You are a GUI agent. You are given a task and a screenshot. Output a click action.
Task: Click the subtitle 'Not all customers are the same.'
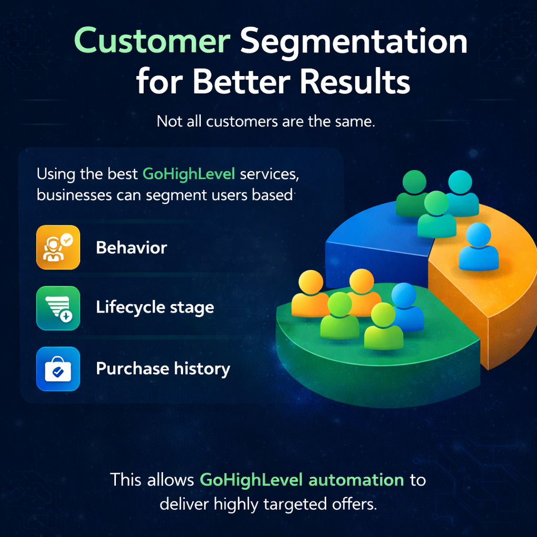pos(266,122)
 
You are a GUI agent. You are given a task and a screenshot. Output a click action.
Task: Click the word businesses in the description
pos(74,195)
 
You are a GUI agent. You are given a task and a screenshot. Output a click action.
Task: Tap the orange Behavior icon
pos(58,248)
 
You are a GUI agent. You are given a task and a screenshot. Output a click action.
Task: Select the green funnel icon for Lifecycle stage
pos(58,308)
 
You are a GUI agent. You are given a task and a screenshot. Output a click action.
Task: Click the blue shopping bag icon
pos(58,369)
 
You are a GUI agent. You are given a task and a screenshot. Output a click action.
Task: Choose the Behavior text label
pos(131,248)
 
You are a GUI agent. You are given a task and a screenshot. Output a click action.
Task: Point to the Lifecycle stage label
pos(155,307)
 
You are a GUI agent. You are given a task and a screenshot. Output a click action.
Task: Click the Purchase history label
pos(163,369)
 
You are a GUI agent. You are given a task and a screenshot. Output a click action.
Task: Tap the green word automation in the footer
pos(356,480)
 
